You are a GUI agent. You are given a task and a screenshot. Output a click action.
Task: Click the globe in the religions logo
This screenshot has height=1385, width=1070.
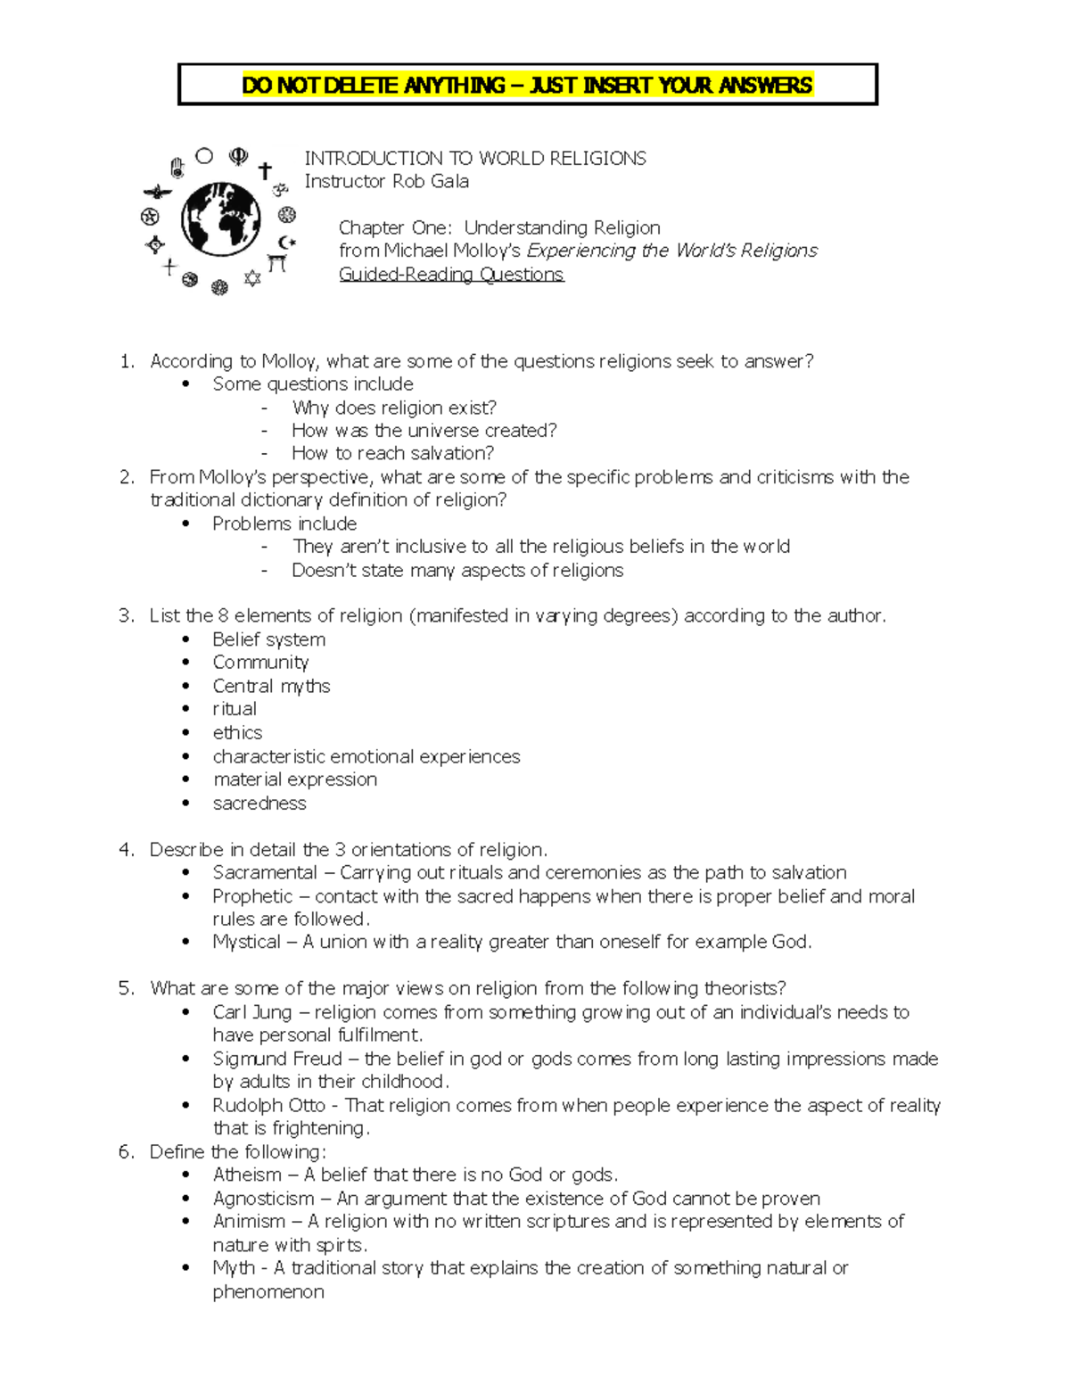click(221, 219)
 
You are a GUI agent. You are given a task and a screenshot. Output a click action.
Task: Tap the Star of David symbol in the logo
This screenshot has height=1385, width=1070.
click(252, 279)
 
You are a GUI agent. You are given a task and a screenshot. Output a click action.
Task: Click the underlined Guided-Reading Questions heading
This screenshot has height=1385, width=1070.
click(451, 275)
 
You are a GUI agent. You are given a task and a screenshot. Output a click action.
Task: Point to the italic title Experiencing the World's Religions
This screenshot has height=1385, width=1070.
click(672, 251)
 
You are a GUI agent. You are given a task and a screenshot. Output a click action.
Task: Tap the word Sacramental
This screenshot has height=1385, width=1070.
click(265, 872)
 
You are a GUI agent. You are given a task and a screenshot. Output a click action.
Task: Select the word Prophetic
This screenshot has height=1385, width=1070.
click(252, 895)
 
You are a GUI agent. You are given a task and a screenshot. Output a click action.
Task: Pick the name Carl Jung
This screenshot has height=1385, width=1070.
click(252, 1012)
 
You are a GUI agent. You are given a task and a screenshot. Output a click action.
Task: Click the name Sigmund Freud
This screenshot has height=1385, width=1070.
click(277, 1059)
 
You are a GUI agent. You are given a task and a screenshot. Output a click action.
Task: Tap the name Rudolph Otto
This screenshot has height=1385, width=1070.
click(269, 1105)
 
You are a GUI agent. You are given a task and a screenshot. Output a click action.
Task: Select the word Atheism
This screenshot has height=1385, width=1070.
click(247, 1175)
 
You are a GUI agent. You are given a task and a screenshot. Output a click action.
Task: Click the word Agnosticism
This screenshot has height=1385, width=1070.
click(263, 1198)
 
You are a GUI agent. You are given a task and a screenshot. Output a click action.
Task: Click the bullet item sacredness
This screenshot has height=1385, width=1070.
click(259, 803)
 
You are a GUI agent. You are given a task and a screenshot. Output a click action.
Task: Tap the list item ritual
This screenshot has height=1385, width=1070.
click(235, 709)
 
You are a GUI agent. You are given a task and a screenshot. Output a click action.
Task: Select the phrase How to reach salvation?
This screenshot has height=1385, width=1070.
click(392, 453)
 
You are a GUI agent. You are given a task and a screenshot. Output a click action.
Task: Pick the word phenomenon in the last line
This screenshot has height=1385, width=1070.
click(268, 1291)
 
